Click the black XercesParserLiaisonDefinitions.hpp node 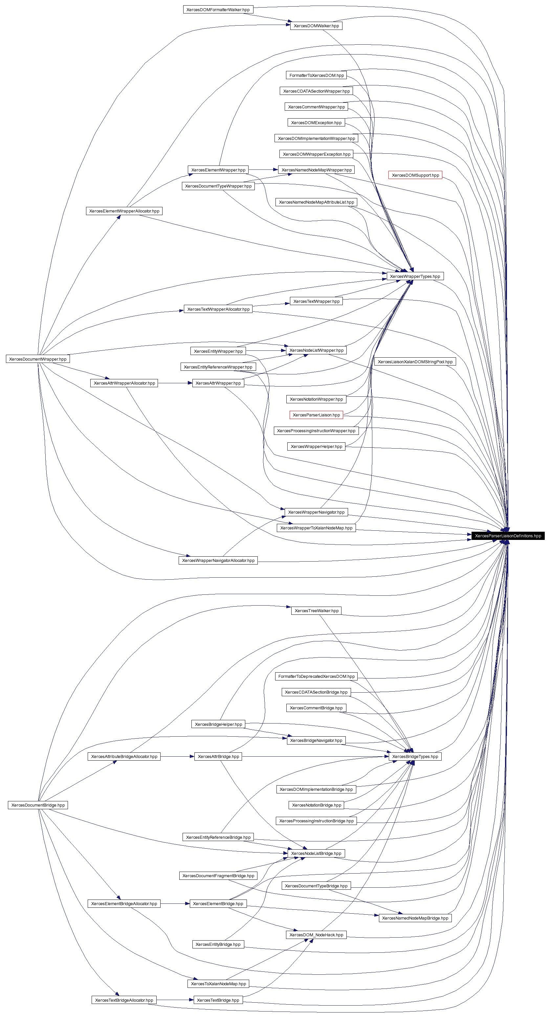pos(508,536)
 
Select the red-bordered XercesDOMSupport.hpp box pos(415,175)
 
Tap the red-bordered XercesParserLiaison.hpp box pos(316,415)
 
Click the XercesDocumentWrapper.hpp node pos(38,359)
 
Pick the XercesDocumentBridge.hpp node pos(38,805)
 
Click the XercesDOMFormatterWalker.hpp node pos(218,10)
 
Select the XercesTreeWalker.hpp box pos(316,611)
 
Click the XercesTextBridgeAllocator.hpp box pos(124,1000)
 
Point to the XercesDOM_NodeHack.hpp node pos(316,935)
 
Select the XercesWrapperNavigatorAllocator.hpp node pos(218,561)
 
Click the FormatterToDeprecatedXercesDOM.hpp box pos(316,676)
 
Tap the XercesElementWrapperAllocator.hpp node pos(124,211)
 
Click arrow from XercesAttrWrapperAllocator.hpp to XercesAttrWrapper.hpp pos(175,383)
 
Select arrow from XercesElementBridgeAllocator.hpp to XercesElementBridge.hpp pos(175,903)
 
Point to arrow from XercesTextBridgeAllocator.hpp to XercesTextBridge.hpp pos(175,1000)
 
